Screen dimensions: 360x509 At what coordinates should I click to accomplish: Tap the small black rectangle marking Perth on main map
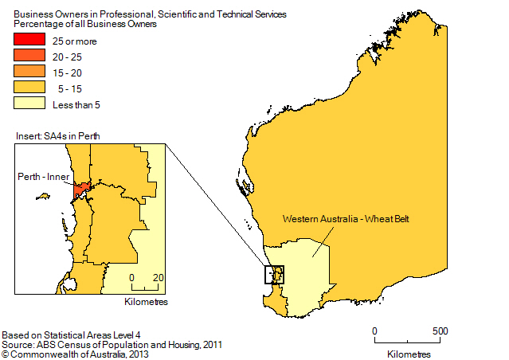[274, 275]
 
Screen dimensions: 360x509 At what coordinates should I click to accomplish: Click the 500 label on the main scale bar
[440, 331]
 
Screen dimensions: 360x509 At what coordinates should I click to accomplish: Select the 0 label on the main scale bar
[374, 331]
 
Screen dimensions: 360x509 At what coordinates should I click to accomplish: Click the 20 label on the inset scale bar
[159, 277]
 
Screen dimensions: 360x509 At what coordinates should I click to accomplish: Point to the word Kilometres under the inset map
[147, 303]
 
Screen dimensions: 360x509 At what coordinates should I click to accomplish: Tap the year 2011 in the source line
[211, 344]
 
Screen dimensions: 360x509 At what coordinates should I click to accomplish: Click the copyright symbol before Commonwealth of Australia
[5, 353]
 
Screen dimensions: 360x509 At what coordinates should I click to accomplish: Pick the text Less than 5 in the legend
[82, 104]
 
